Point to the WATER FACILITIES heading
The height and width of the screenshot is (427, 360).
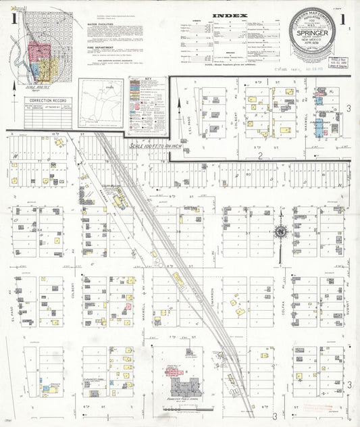click(103, 23)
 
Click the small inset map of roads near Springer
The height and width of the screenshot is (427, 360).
click(100, 102)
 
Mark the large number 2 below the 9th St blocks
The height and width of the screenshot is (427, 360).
click(260, 155)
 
